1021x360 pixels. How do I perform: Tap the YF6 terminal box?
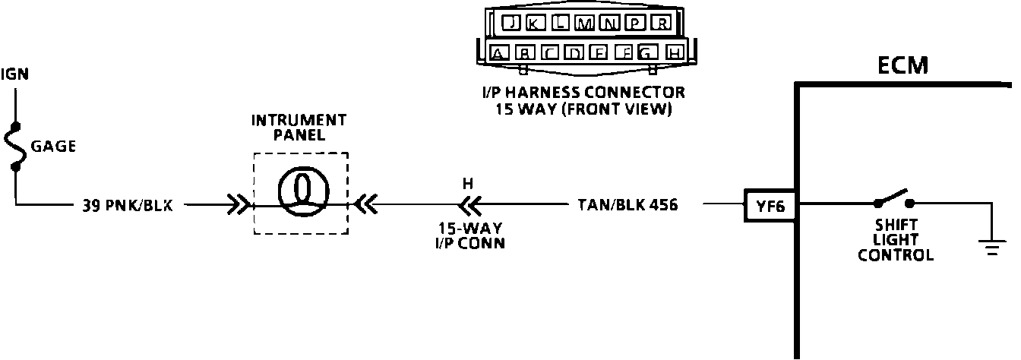pos(770,205)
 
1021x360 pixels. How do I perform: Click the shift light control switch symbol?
pos(893,199)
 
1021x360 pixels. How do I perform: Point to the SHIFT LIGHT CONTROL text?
pos(896,240)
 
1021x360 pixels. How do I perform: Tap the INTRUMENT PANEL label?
pos(299,128)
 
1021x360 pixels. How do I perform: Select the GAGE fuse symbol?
pos(17,145)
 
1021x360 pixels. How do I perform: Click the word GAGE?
pos(53,147)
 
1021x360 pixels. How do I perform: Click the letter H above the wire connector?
pos(467,184)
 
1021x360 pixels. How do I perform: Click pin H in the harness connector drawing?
pos(673,53)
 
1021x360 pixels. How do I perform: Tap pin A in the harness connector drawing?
pos(499,53)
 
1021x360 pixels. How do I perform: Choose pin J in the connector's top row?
pos(514,24)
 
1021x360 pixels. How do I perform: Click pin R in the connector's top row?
pos(662,24)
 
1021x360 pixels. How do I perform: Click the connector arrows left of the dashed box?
pos(238,204)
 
